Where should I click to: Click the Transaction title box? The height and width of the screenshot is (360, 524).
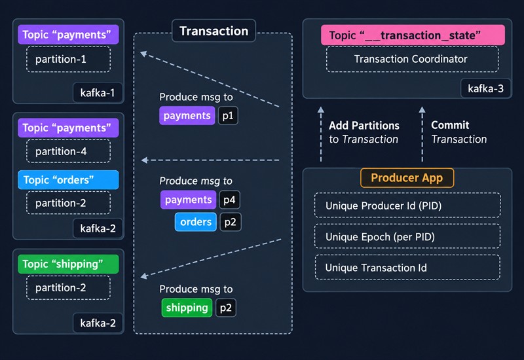click(x=214, y=31)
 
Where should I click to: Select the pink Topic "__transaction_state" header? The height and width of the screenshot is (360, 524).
click(x=413, y=35)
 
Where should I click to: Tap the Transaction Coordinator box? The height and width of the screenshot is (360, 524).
click(x=412, y=59)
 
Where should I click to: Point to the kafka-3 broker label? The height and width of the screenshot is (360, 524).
click(x=485, y=88)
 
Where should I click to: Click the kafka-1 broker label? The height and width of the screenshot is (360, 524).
click(x=98, y=92)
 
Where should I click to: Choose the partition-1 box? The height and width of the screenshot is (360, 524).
click(x=69, y=60)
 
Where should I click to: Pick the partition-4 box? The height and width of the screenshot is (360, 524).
click(x=69, y=151)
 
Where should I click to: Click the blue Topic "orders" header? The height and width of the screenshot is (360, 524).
click(x=68, y=179)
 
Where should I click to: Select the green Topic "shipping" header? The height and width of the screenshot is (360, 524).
click(x=68, y=264)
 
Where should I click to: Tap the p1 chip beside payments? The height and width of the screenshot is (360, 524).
click(x=228, y=116)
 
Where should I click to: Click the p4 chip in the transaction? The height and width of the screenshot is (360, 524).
click(x=229, y=200)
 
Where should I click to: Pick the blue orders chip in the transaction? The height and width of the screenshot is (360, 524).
click(x=195, y=222)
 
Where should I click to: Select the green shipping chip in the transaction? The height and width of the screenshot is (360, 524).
click(x=187, y=308)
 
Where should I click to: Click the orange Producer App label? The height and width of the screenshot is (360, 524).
click(x=407, y=177)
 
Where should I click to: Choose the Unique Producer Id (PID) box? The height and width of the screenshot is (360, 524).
click(x=407, y=206)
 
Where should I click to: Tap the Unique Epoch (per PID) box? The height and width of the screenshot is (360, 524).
click(x=407, y=236)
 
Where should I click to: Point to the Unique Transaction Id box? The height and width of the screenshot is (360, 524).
click(x=407, y=267)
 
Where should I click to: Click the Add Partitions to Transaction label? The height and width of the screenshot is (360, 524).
click(x=364, y=132)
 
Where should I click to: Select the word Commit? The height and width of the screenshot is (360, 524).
click(x=450, y=125)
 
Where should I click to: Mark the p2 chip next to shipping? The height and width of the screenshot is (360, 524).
click(x=226, y=308)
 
